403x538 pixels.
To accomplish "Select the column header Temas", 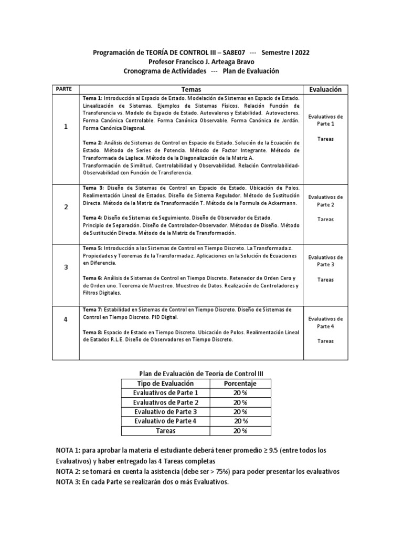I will pyautogui.click(x=191, y=89).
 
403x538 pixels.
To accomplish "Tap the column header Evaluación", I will pyautogui.click(x=325, y=89).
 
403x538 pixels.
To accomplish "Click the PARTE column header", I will pyautogui.click(x=66, y=89).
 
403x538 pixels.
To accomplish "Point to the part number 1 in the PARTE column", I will pyautogui.click(x=66, y=127).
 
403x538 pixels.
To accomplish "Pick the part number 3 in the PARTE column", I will pyautogui.click(x=66, y=267).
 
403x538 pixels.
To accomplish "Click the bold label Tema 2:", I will pyautogui.click(x=93, y=142).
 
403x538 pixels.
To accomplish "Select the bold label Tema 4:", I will pyautogui.click(x=93, y=218).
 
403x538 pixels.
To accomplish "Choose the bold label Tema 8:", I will pyautogui.click(x=93, y=333).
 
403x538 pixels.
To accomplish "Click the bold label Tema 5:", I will pyautogui.click(x=93, y=247).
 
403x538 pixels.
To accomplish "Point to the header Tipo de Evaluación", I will pyautogui.click(x=162, y=384).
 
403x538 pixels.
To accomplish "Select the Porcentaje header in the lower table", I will pyautogui.click(x=240, y=384).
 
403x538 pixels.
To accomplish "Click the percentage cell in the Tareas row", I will pyautogui.click(x=240, y=430).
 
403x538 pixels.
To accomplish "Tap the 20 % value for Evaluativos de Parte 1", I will pyautogui.click(x=240, y=392).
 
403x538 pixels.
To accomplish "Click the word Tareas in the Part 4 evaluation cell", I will pyautogui.click(x=325, y=341).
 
